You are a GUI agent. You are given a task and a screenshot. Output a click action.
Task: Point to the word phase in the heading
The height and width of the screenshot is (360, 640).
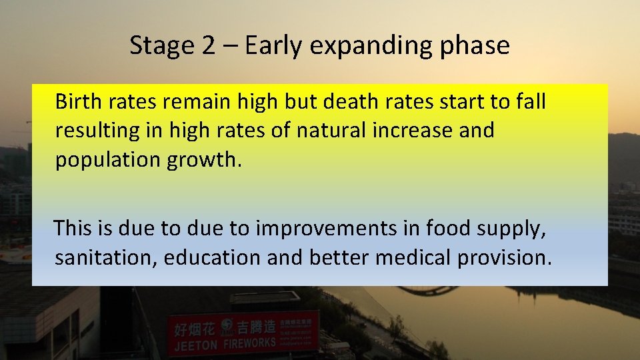point(477,46)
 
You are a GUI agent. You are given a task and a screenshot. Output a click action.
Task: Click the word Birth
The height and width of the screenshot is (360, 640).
point(76,101)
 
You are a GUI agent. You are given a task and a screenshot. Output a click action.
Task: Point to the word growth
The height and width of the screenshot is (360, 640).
point(205,161)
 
